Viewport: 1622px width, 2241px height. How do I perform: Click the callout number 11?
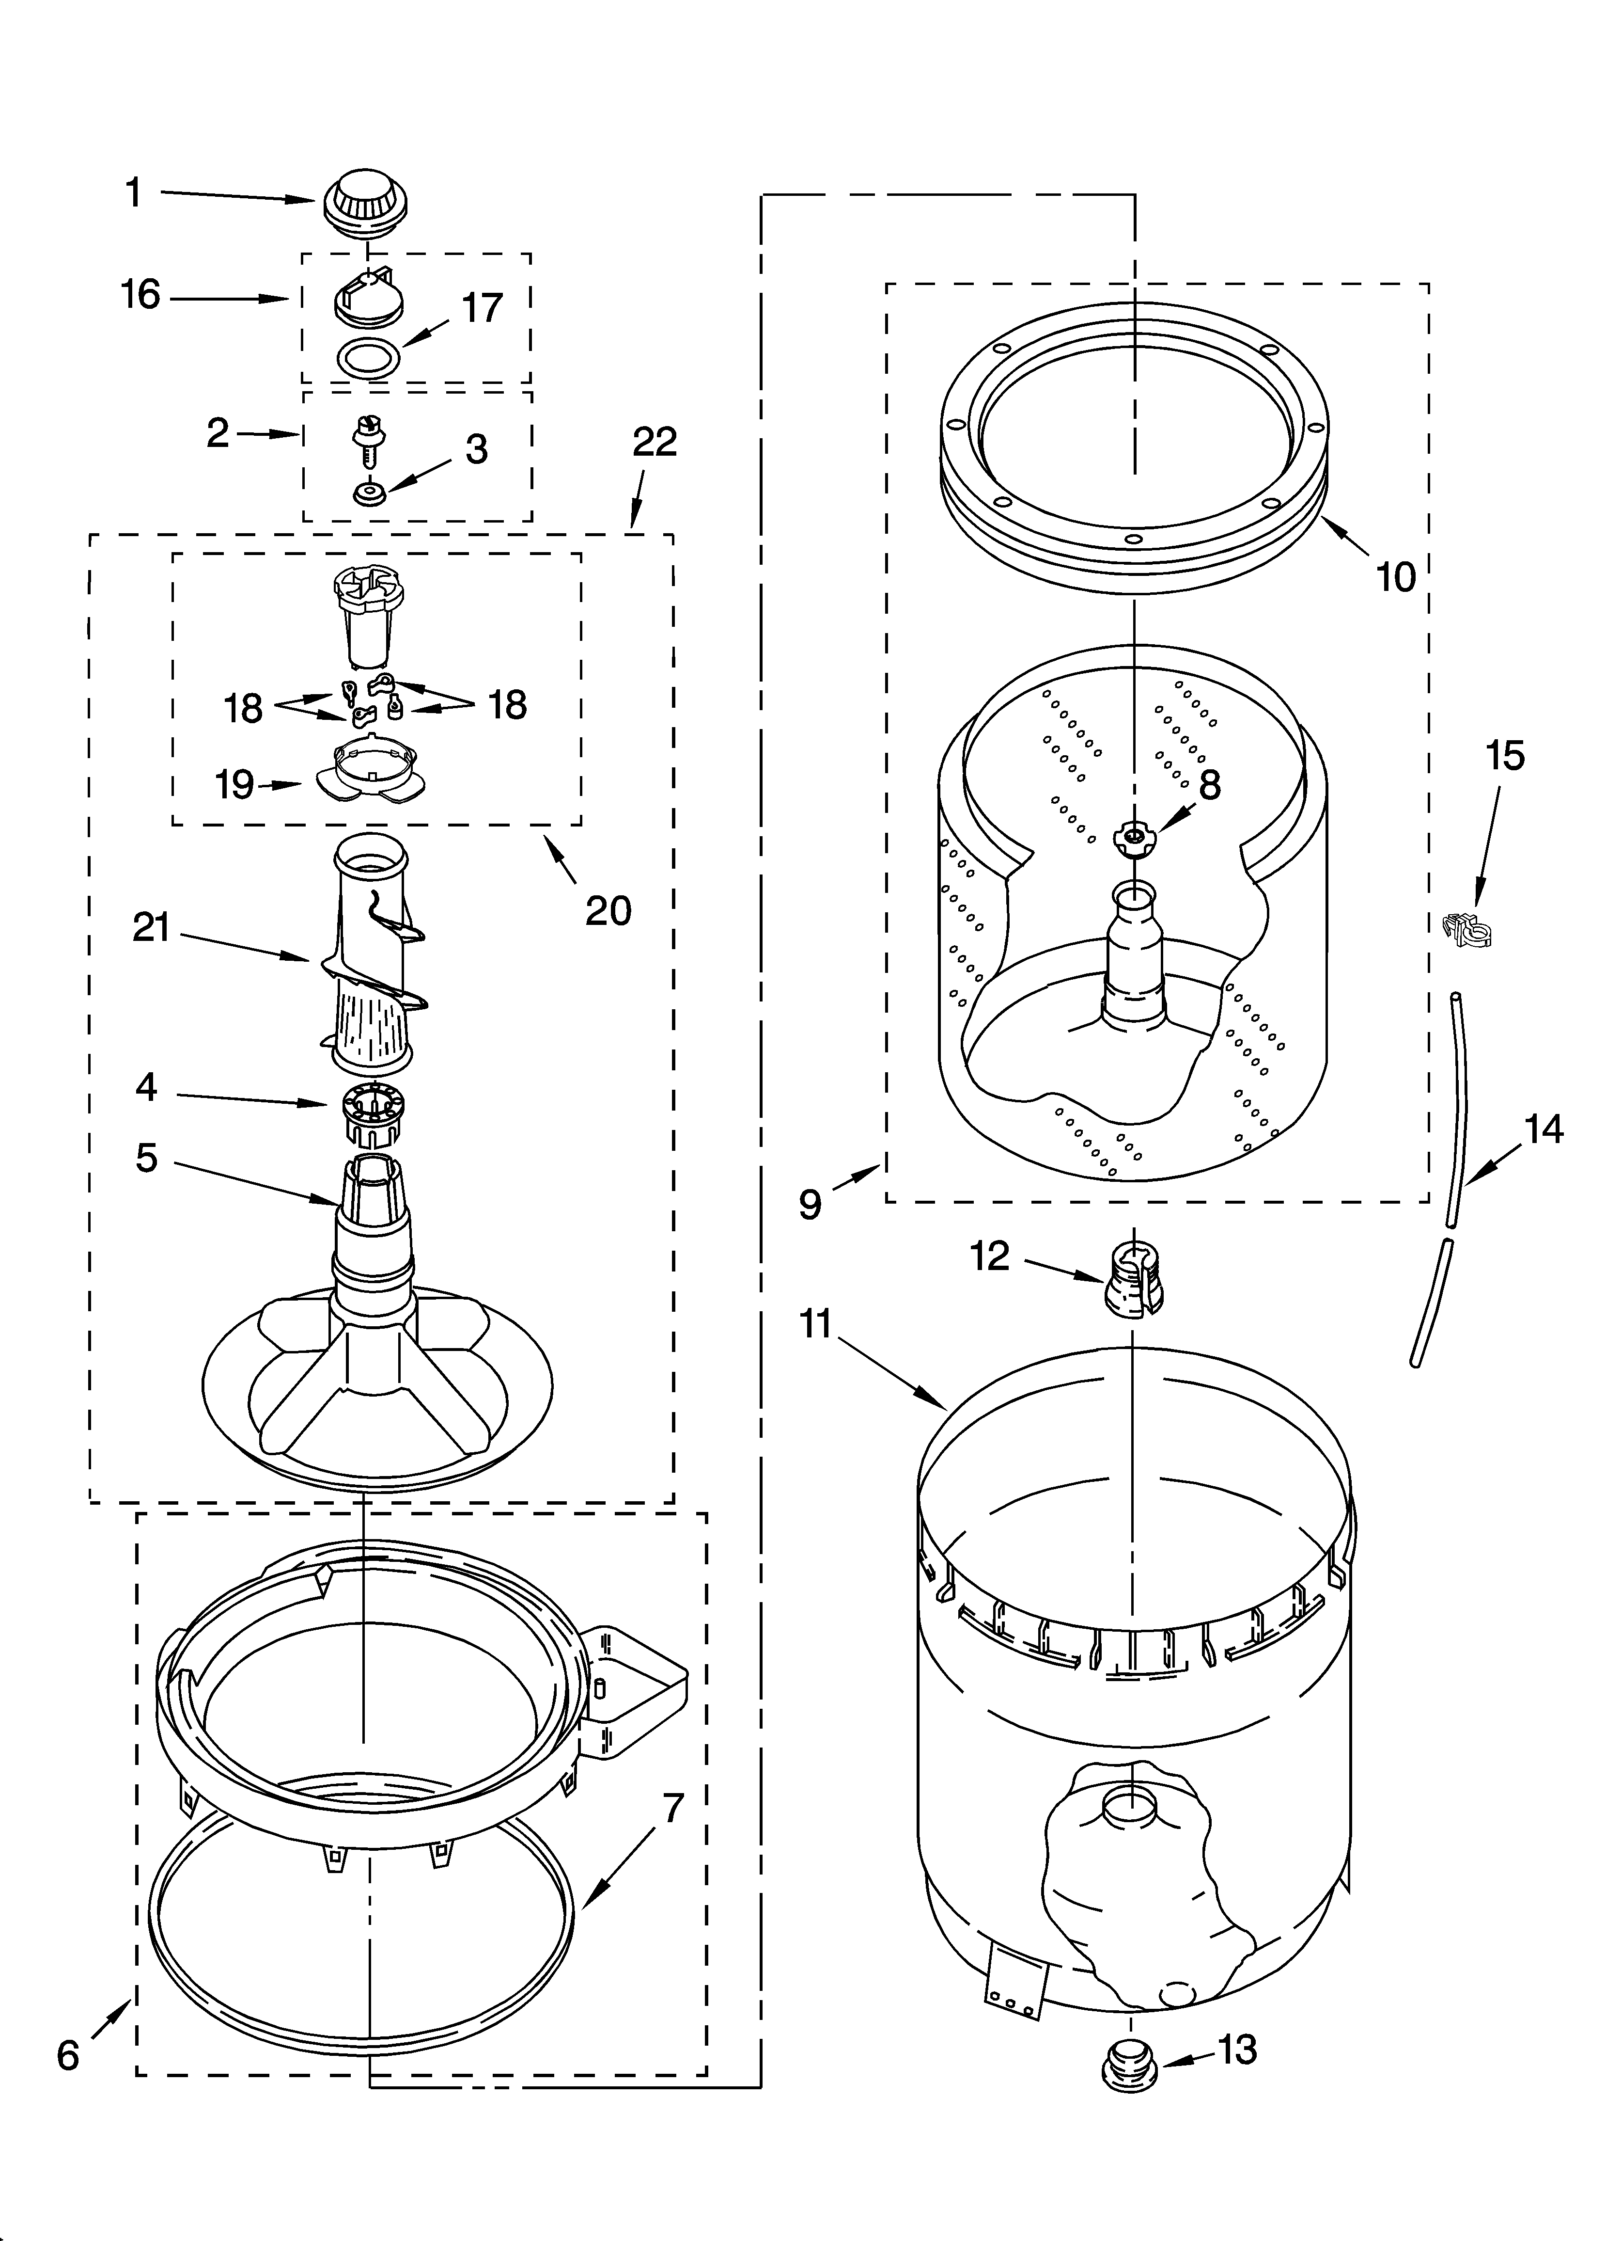click(816, 1323)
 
